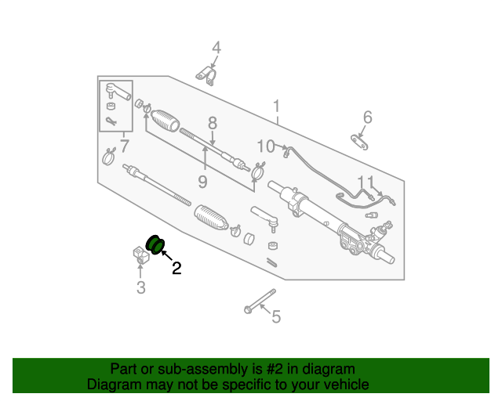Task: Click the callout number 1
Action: click(x=276, y=106)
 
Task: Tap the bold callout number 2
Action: click(x=176, y=268)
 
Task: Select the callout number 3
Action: click(x=140, y=288)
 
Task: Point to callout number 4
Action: click(x=216, y=49)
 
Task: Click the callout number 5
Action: click(x=275, y=316)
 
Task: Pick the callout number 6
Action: click(x=366, y=117)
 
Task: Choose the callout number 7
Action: click(x=123, y=146)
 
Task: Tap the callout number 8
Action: click(x=212, y=122)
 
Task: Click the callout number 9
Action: click(x=202, y=182)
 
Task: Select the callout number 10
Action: click(x=266, y=146)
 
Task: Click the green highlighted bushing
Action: click(x=155, y=243)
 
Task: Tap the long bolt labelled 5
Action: click(x=260, y=302)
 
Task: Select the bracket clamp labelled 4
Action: click(x=206, y=74)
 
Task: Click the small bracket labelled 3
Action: click(x=139, y=255)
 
